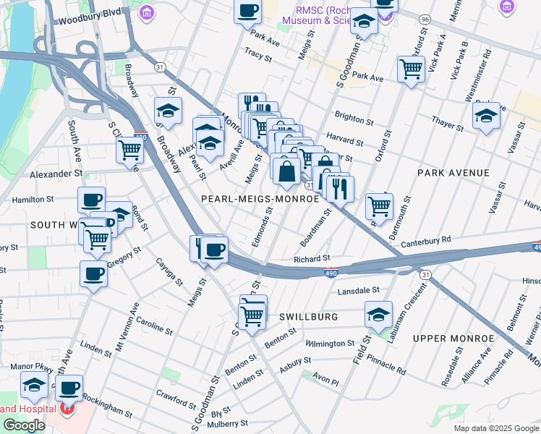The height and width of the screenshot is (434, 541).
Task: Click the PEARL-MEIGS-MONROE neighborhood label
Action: click(x=260, y=198)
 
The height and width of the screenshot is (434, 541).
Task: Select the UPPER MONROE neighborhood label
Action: click(x=448, y=338)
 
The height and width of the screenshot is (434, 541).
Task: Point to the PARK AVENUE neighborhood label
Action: click(x=453, y=173)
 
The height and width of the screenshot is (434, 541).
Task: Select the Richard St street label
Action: click(x=312, y=258)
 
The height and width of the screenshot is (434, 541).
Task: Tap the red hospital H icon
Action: click(x=67, y=409)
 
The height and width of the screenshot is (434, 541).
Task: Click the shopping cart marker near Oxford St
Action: click(x=411, y=69)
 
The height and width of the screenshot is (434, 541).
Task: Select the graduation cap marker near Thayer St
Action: click(x=486, y=115)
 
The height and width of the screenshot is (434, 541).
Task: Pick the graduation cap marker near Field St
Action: click(x=378, y=314)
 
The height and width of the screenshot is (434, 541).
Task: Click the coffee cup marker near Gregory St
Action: click(x=93, y=274)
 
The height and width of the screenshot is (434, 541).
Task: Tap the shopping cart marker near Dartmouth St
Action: click(x=379, y=205)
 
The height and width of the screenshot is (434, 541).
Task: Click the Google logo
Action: click(x=24, y=425)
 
